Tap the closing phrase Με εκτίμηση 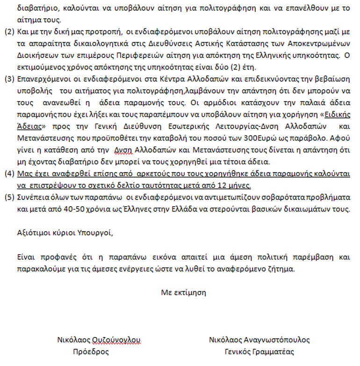[183, 293]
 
